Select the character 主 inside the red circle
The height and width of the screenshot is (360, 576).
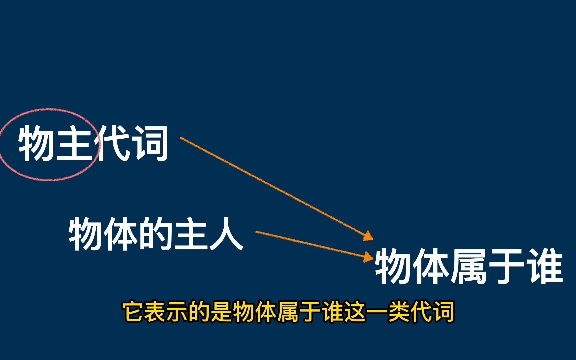(74, 144)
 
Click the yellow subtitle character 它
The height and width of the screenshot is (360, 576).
(134, 312)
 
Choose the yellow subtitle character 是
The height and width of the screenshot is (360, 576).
(222, 312)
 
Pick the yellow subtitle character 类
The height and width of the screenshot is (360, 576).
(398, 312)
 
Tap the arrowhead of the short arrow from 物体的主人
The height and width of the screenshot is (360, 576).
(368, 257)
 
